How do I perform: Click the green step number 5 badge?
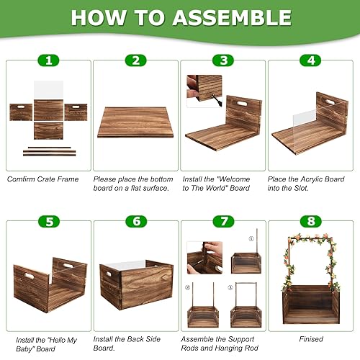coord(48,222)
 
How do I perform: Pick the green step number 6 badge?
coord(135,222)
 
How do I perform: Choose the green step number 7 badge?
coord(225,222)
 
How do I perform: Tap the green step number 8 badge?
coord(311,222)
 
